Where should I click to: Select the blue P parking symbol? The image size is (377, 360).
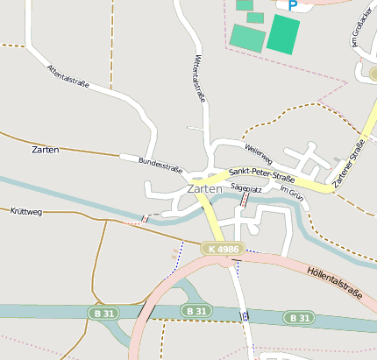292,6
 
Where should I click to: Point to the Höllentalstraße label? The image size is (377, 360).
335,282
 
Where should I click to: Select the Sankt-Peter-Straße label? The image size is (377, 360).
260,175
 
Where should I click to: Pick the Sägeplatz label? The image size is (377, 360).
246,187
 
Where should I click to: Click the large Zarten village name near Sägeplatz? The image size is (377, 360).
204,188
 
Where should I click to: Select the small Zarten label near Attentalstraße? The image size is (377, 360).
45,150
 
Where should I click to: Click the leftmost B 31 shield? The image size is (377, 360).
102,313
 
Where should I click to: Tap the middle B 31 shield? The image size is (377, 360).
196,311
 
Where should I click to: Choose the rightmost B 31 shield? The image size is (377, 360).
299,317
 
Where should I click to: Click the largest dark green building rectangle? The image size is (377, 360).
283,34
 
